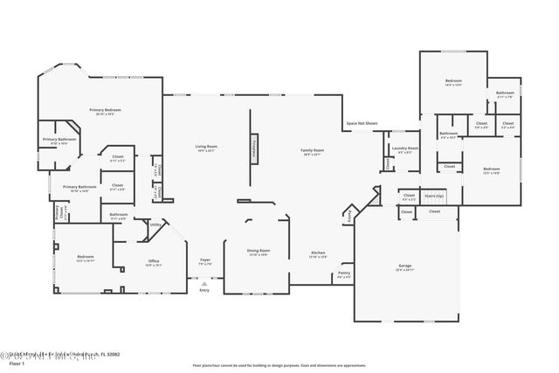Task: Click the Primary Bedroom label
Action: coord(105,111)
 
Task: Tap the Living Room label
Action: coord(205,149)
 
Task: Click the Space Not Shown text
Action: coord(361,124)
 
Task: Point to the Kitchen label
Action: coord(319,255)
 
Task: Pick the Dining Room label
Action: coord(258,252)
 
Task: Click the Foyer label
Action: coord(205,261)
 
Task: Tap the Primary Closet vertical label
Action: coord(59,213)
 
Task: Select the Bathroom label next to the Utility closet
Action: coord(119,216)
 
